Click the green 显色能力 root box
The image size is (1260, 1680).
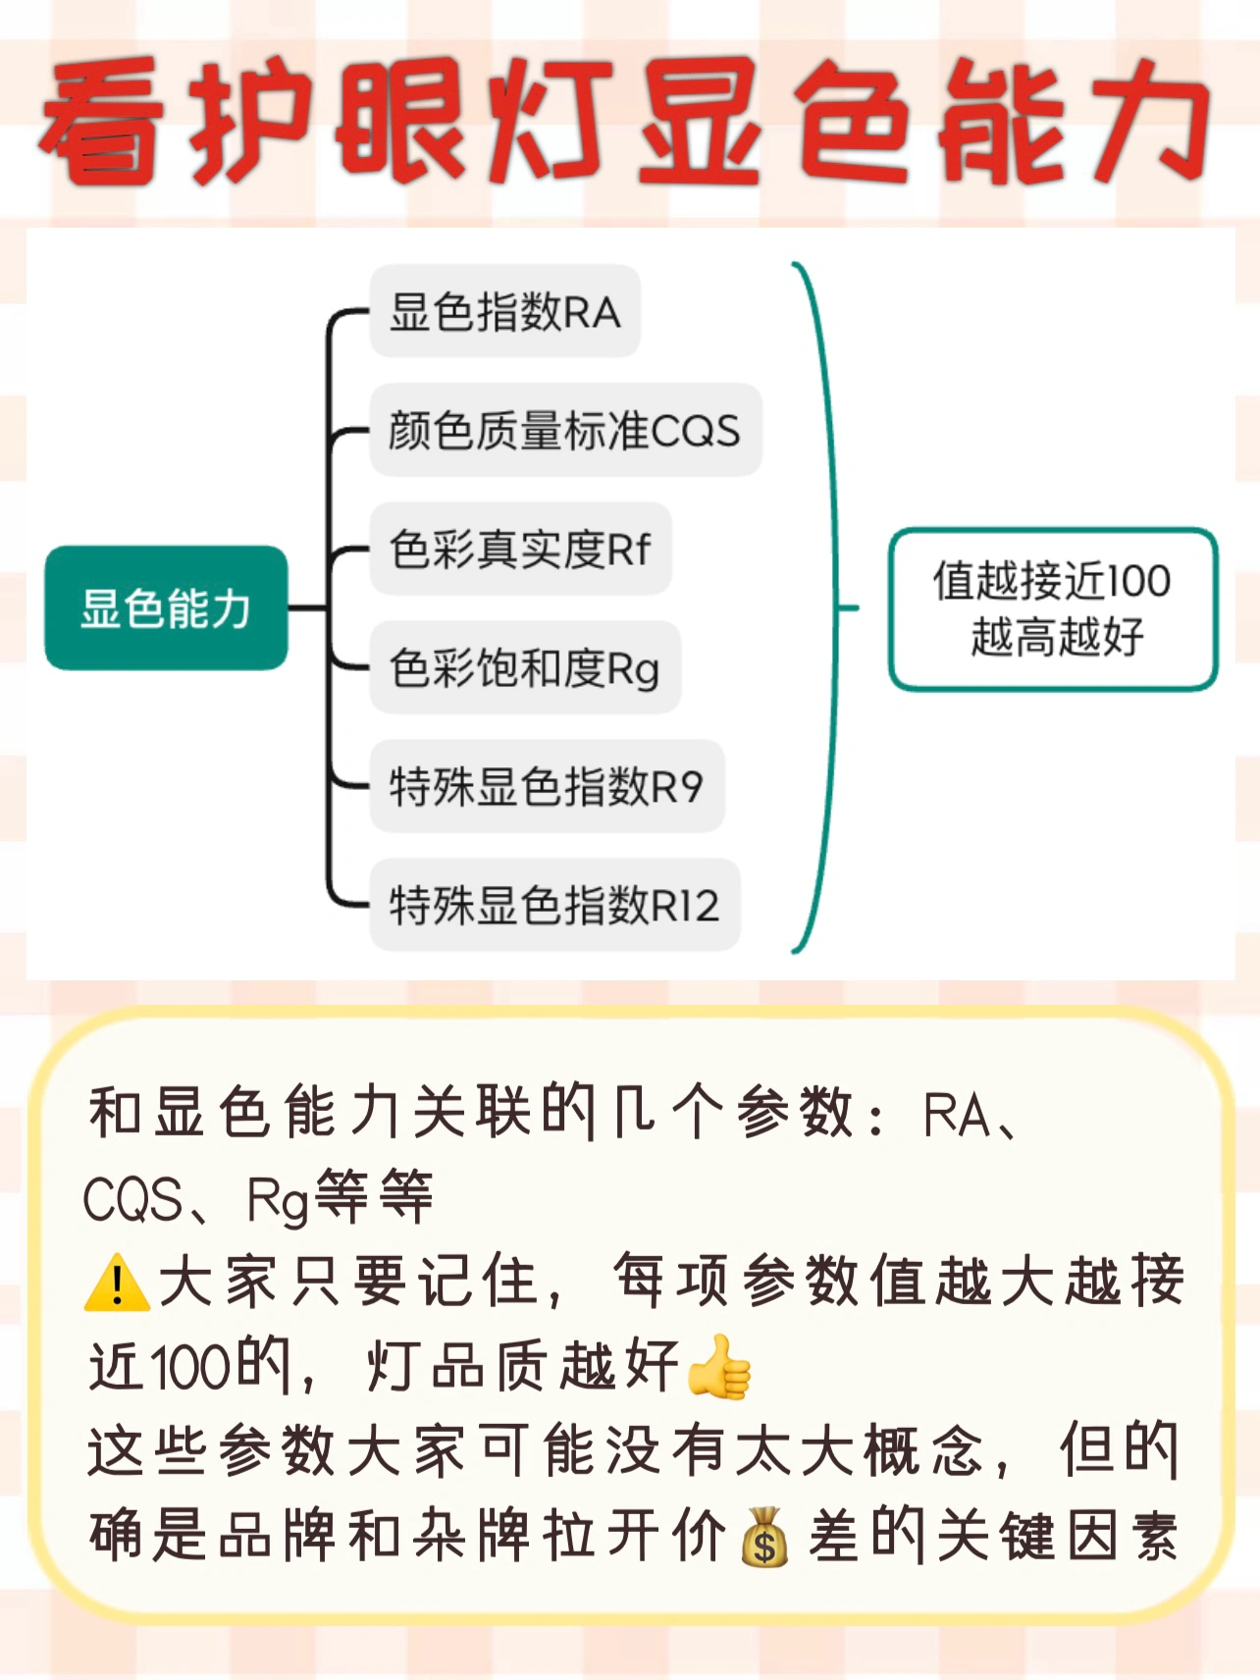pyautogui.click(x=166, y=607)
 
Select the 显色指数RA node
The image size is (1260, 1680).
pyautogui.click(x=504, y=312)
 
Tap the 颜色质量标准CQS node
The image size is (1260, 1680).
pyautogui.click(x=564, y=431)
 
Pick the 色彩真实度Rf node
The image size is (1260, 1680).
pyautogui.click(x=520, y=549)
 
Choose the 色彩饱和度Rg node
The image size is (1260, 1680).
pyautogui.click(x=524, y=668)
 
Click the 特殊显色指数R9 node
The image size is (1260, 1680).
pyautogui.click(x=546, y=786)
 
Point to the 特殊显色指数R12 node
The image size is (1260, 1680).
pyautogui.click(x=553, y=905)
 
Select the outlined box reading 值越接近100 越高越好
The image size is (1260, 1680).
pyautogui.click(x=1052, y=608)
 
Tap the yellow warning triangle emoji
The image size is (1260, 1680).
pyautogui.click(x=117, y=1283)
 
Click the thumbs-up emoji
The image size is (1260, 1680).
pyautogui.click(x=719, y=1366)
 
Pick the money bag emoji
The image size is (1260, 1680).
pyautogui.click(x=764, y=1537)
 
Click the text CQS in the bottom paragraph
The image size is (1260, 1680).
pyautogui.click(x=132, y=1200)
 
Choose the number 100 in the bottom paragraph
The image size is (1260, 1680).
pyautogui.click(x=191, y=1366)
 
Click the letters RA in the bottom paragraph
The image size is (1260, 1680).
pyautogui.click(x=957, y=1116)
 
